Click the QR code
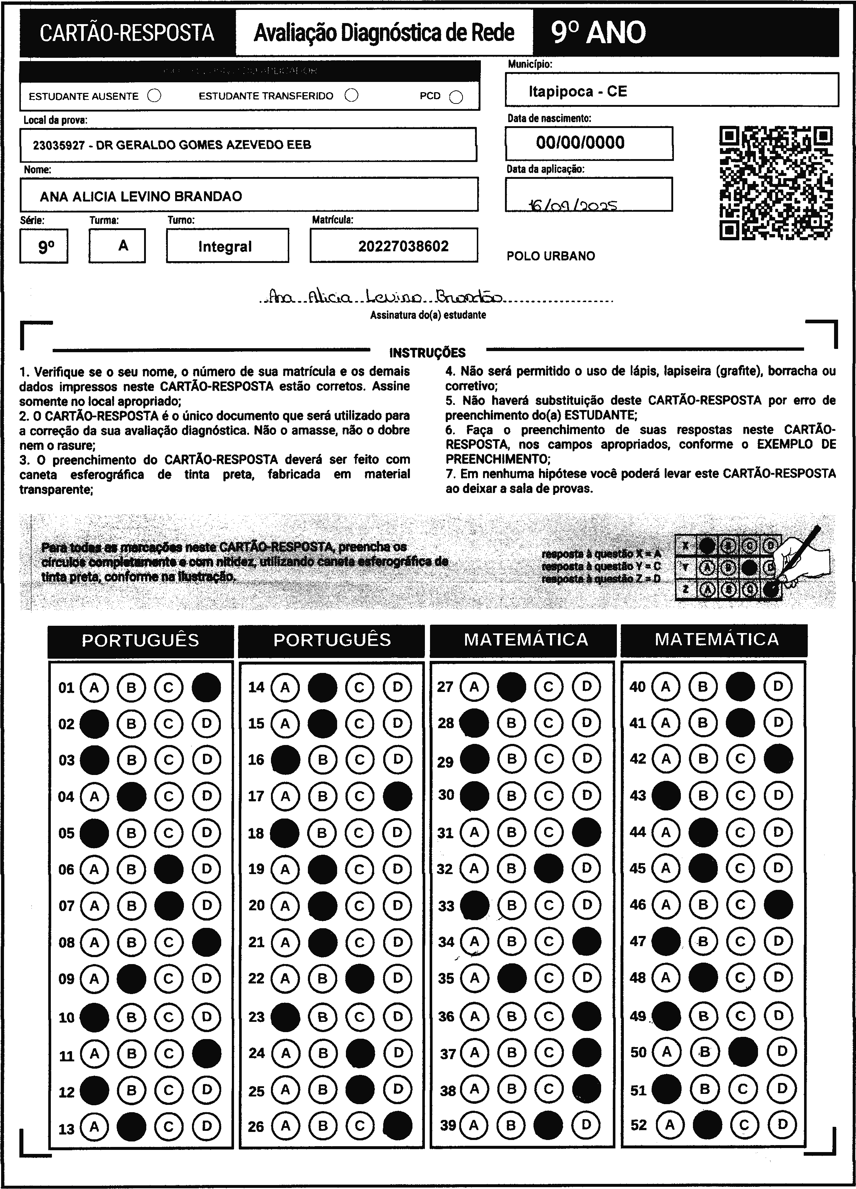pyautogui.click(x=776, y=183)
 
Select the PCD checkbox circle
pyautogui.click(x=456, y=97)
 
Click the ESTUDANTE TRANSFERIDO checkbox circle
pyautogui.click(x=351, y=95)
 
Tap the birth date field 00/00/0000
pyautogui.click(x=580, y=143)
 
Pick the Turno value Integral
pyautogui.click(x=225, y=247)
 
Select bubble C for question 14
pyautogui.click(x=359, y=687)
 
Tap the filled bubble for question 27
pyautogui.click(x=511, y=687)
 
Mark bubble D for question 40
pyautogui.click(x=778, y=686)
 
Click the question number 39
pyautogui.click(x=448, y=1125)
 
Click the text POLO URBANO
pyautogui.click(x=550, y=256)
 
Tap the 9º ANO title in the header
pyautogui.click(x=598, y=33)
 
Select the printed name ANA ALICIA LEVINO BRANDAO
pyautogui.click(x=141, y=197)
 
